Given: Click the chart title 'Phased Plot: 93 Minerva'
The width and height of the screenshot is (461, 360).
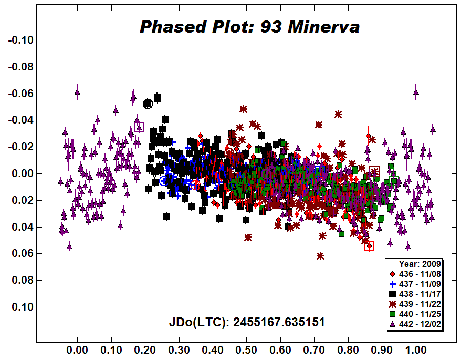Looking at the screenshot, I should click(249, 27).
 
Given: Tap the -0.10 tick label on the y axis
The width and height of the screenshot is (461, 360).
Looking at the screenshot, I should click(19, 40).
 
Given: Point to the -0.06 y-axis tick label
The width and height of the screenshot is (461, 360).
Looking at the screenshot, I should click(19, 94).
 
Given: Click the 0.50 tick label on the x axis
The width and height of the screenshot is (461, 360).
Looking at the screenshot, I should click(246, 348).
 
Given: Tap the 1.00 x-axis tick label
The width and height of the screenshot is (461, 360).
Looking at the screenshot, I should click(416, 348).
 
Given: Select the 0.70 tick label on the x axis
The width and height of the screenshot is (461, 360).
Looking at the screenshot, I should click(314, 348).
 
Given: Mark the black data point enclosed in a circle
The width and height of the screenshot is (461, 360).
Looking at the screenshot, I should click(148, 104).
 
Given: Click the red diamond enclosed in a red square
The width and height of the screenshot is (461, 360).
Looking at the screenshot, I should click(369, 245).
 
